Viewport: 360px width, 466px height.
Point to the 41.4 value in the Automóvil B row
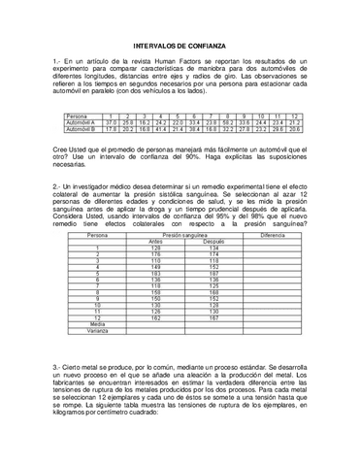pos(161,128)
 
